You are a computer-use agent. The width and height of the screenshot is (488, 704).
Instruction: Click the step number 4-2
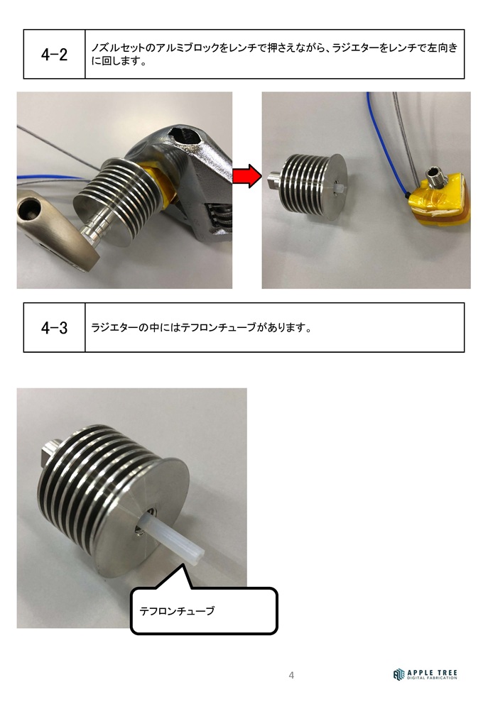55,55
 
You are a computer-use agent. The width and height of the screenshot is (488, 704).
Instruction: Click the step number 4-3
55,328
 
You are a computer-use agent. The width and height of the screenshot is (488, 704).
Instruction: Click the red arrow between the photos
246,176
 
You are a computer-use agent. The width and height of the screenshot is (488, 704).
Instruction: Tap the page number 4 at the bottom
291,675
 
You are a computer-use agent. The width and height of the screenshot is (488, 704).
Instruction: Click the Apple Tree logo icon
398,674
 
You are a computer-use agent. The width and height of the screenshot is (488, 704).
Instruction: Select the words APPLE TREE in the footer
432,673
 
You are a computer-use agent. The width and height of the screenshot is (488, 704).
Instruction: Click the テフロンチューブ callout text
177,611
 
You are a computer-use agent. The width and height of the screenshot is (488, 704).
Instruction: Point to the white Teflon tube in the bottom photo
173,537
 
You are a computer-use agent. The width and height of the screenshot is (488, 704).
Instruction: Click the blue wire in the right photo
386,143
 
